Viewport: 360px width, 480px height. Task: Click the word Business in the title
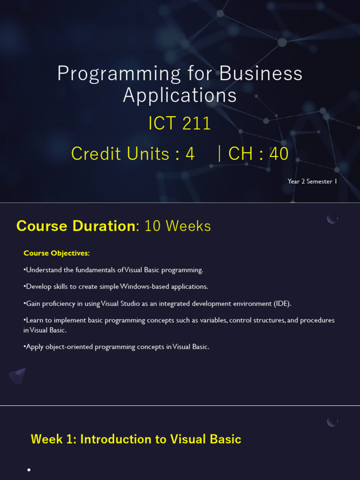tap(261, 74)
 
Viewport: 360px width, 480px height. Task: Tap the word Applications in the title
tap(180, 95)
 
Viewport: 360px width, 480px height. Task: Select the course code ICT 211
tap(180, 123)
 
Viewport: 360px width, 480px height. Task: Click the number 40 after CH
tap(279, 153)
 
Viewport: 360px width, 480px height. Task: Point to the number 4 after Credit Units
tap(190, 154)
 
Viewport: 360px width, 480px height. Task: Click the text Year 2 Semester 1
tap(312, 181)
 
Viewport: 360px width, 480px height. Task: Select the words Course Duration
tap(76, 226)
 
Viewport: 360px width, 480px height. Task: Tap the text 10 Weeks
tap(178, 226)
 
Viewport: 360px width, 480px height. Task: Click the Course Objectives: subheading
tap(57, 253)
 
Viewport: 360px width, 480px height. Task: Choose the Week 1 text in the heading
tap(53, 439)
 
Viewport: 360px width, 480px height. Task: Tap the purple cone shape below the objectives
tap(18, 376)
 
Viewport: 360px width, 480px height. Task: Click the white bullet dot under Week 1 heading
tap(29, 470)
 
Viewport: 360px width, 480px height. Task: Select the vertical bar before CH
tap(219, 153)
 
